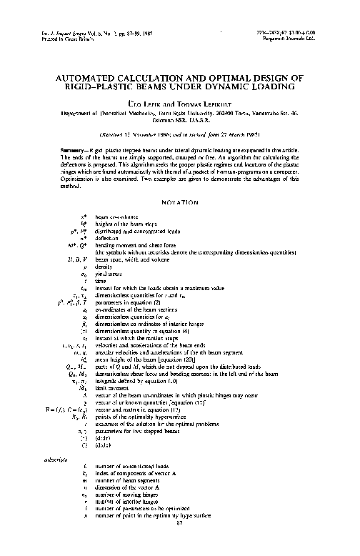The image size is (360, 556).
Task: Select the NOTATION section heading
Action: tap(180, 204)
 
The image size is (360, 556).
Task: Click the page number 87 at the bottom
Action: tap(180, 542)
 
